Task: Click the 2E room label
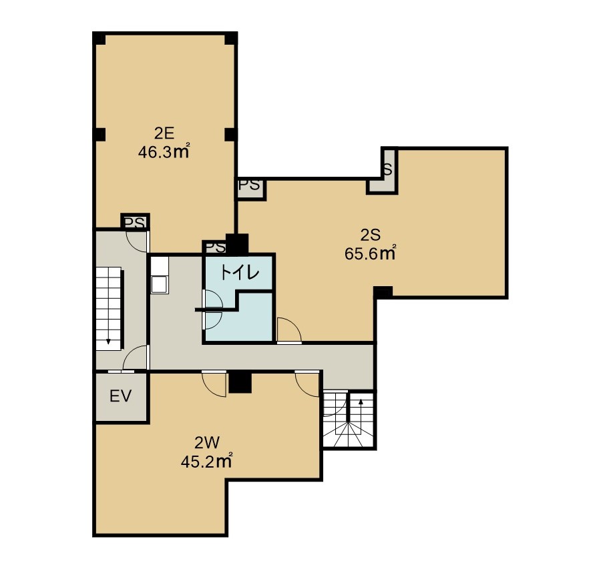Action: [x=164, y=133]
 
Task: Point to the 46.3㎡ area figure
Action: [x=164, y=152]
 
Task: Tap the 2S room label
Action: [x=371, y=235]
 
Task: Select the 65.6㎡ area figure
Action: [x=371, y=253]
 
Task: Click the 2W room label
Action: [x=206, y=444]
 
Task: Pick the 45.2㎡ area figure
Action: [x=206, y=462]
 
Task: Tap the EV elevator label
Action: [x=121, y=396]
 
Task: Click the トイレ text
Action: [x=240, y=273]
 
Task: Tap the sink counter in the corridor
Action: [x=160, y=275]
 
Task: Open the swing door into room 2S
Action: [x=289, y=330]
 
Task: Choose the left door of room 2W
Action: [x=214, y=384]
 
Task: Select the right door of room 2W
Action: [x=307, y=384]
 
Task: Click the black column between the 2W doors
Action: [x=240, y=382]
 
